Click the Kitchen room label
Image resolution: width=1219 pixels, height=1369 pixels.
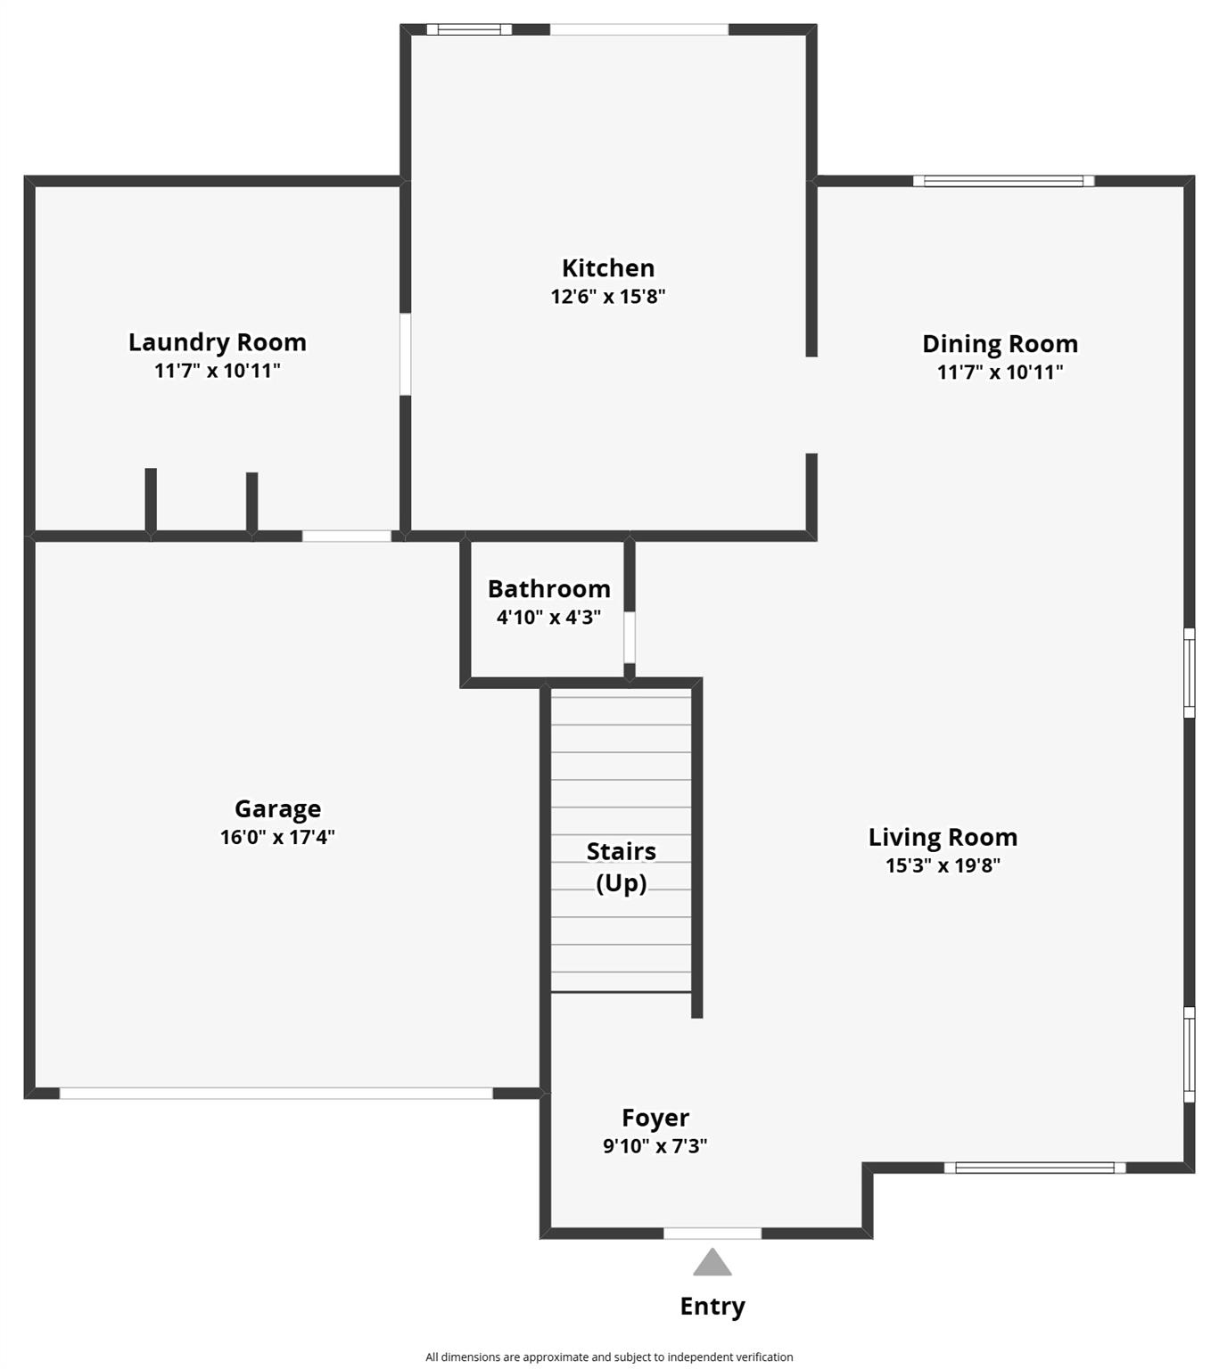coord(608,268)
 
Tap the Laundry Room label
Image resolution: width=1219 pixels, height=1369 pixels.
coord(218,342)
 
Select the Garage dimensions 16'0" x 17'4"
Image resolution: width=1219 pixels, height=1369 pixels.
coord(277,837)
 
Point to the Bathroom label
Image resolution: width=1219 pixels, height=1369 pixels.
coord(549,589)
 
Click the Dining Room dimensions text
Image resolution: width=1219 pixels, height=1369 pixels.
coord(1000,373)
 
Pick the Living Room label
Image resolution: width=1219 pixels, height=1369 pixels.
coord(943,838)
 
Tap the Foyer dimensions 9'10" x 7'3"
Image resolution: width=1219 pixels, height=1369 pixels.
coord(655,1146)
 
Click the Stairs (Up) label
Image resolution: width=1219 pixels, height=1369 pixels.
coord(622,867)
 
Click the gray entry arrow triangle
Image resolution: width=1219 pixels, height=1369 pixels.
coord(712,1264)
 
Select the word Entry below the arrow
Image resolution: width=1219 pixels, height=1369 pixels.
coord(712,1307)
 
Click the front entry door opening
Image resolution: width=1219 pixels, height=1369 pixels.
coord(712,1234)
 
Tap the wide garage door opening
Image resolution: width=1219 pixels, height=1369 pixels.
coord(276,1093)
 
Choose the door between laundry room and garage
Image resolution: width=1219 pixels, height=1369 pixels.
coord(347,536)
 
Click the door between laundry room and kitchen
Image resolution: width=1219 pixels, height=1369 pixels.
coord(405,354)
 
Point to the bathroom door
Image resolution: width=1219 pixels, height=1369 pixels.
coord(629,637)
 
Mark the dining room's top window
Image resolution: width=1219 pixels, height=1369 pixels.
coord(1003,181)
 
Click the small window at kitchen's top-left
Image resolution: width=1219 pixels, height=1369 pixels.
coord(469,29)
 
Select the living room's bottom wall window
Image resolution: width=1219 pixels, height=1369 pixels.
coord(1034,1168)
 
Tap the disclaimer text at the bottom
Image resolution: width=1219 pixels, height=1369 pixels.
coord(609,1357)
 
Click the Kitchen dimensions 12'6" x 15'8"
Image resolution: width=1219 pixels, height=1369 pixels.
coord(608,297)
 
